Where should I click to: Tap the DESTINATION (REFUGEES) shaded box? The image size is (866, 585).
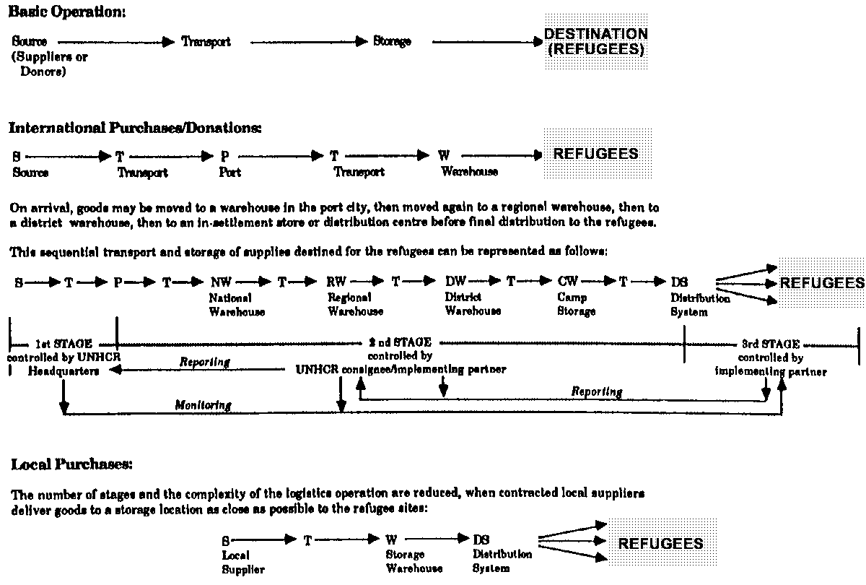tap(595, 43)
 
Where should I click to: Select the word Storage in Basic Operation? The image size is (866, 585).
tap(392, 42)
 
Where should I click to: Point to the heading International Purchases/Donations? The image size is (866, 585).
tap(135, 128)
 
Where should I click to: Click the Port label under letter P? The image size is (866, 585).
tap(229, 173)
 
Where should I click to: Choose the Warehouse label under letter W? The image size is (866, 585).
tap(469, 173)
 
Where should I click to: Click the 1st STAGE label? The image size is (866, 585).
tap(64, 344)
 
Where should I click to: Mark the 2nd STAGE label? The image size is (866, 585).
tap(400, 342)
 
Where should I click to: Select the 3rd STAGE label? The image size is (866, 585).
tap(771, 344)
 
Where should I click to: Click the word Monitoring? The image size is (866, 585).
tap(203, 405)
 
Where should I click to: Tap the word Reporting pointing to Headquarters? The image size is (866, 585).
tap(205, 363)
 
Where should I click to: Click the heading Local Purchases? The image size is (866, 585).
tap(71, 464)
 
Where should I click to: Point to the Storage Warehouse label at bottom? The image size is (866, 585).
tap(414, 562)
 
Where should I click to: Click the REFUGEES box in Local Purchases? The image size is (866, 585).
tap(660, 543)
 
